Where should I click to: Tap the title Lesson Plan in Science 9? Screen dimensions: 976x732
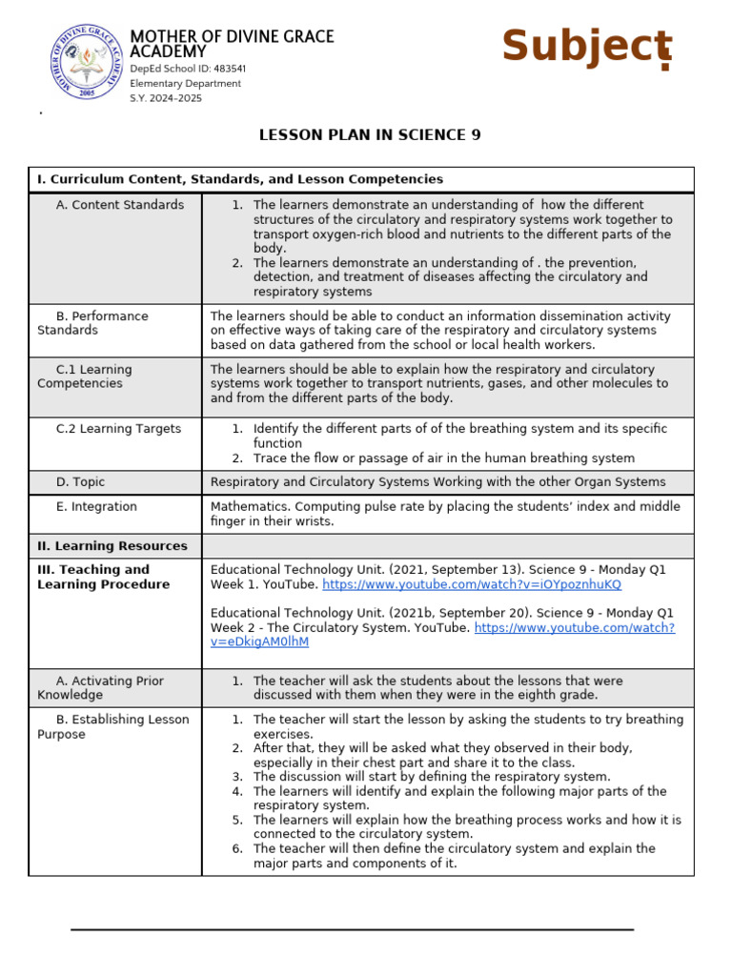(x=370, y=135)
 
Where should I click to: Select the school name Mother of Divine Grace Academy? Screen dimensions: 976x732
(x=232, y=44)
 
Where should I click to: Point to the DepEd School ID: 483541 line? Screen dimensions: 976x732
(x=188, y=69)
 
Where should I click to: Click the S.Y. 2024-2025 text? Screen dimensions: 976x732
(x=166, y=98)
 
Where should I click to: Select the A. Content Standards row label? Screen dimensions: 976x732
(x=119, y=205)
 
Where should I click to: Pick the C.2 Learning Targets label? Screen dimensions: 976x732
(x=118, y=429)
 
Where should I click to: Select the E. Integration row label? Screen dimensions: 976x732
(x=96, y=507)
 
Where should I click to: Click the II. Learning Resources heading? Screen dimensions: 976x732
(x=112, y=546)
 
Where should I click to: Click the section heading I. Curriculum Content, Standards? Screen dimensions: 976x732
(x=240, y=179)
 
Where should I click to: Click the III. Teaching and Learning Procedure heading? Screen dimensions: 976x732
(x=93, y=578)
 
